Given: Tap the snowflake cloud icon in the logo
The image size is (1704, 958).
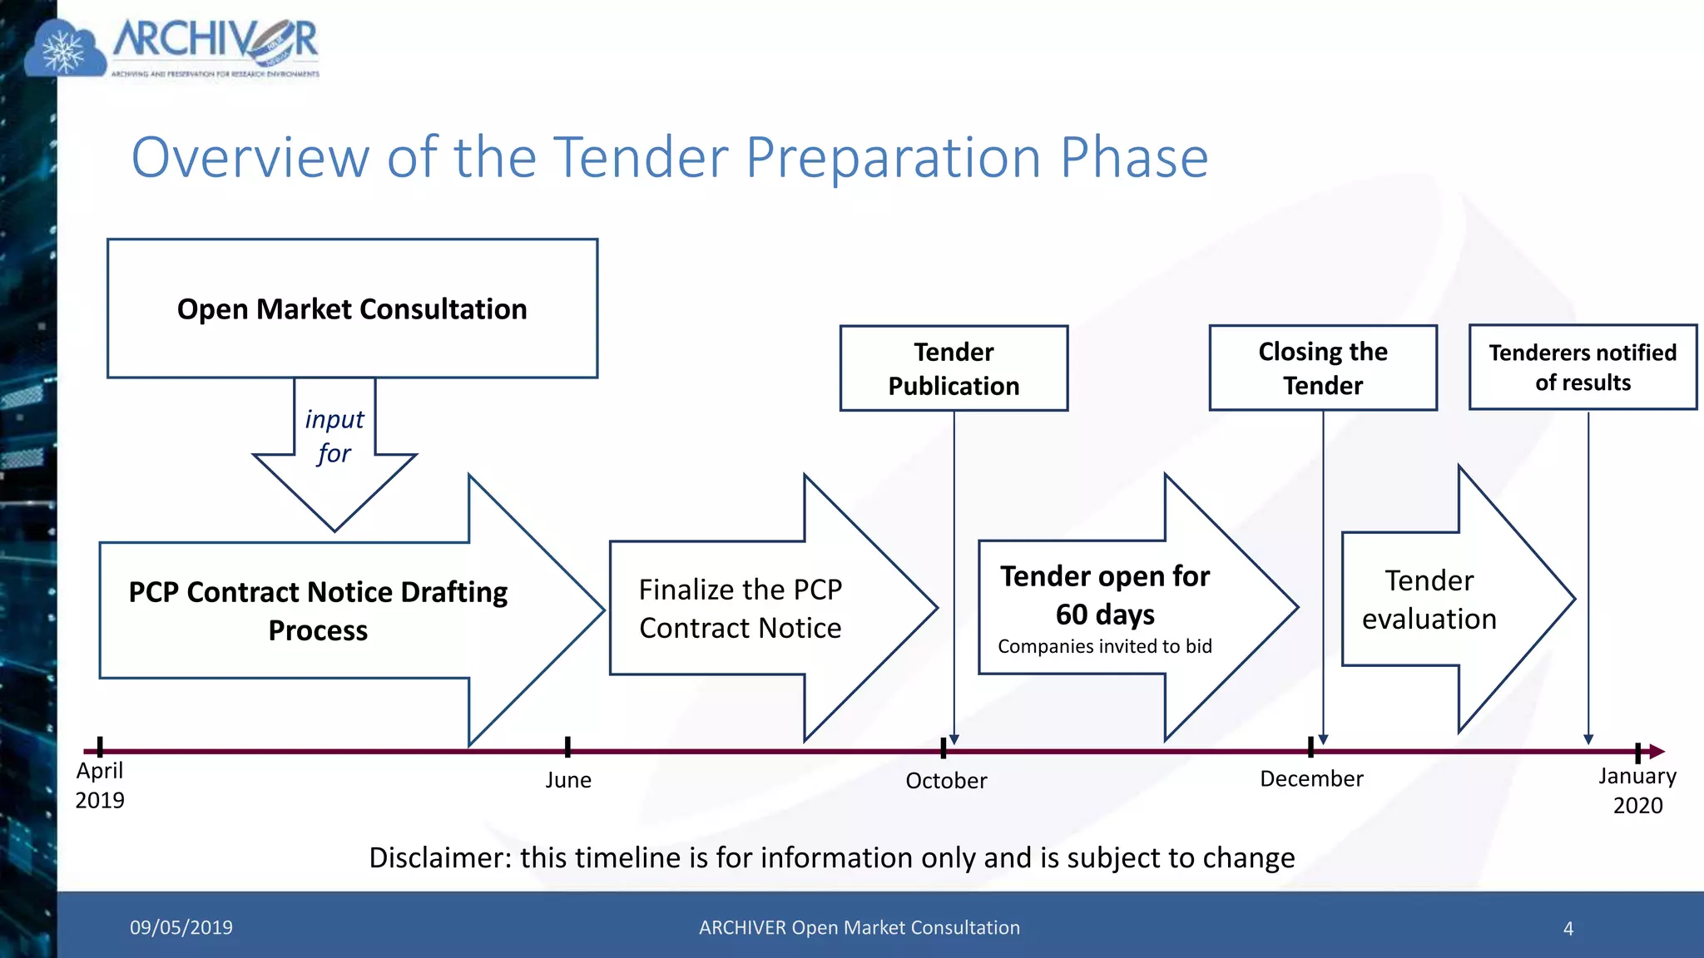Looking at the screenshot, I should pos(65,52).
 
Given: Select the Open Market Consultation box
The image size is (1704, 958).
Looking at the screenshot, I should pos(352,309).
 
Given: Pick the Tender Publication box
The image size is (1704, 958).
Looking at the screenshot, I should pos(954,368).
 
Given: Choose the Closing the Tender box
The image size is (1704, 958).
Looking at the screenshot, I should pos(1323,368).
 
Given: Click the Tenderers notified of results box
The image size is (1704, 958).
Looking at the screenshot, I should pos(1583,367).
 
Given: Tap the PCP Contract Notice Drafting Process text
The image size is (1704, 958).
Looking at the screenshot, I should pos(318,610).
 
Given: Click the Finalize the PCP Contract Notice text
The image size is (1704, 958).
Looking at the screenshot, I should pos(740,608).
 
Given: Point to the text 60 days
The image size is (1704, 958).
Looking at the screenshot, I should pos(1105,615).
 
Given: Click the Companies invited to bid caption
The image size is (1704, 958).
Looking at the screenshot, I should pos(1104,646).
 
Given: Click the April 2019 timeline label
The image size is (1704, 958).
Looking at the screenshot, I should pos(100,785).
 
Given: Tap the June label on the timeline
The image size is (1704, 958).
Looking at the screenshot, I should pos(568,780).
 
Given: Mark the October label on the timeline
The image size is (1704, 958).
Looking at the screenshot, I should pos(946,781).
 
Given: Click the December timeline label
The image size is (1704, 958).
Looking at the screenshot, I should pos(1311,779).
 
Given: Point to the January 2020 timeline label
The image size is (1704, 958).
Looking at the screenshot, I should pos(1637,790).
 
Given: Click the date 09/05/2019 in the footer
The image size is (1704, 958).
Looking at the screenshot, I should pos(181,927).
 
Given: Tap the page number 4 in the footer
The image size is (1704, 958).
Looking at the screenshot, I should pos(1568,928).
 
